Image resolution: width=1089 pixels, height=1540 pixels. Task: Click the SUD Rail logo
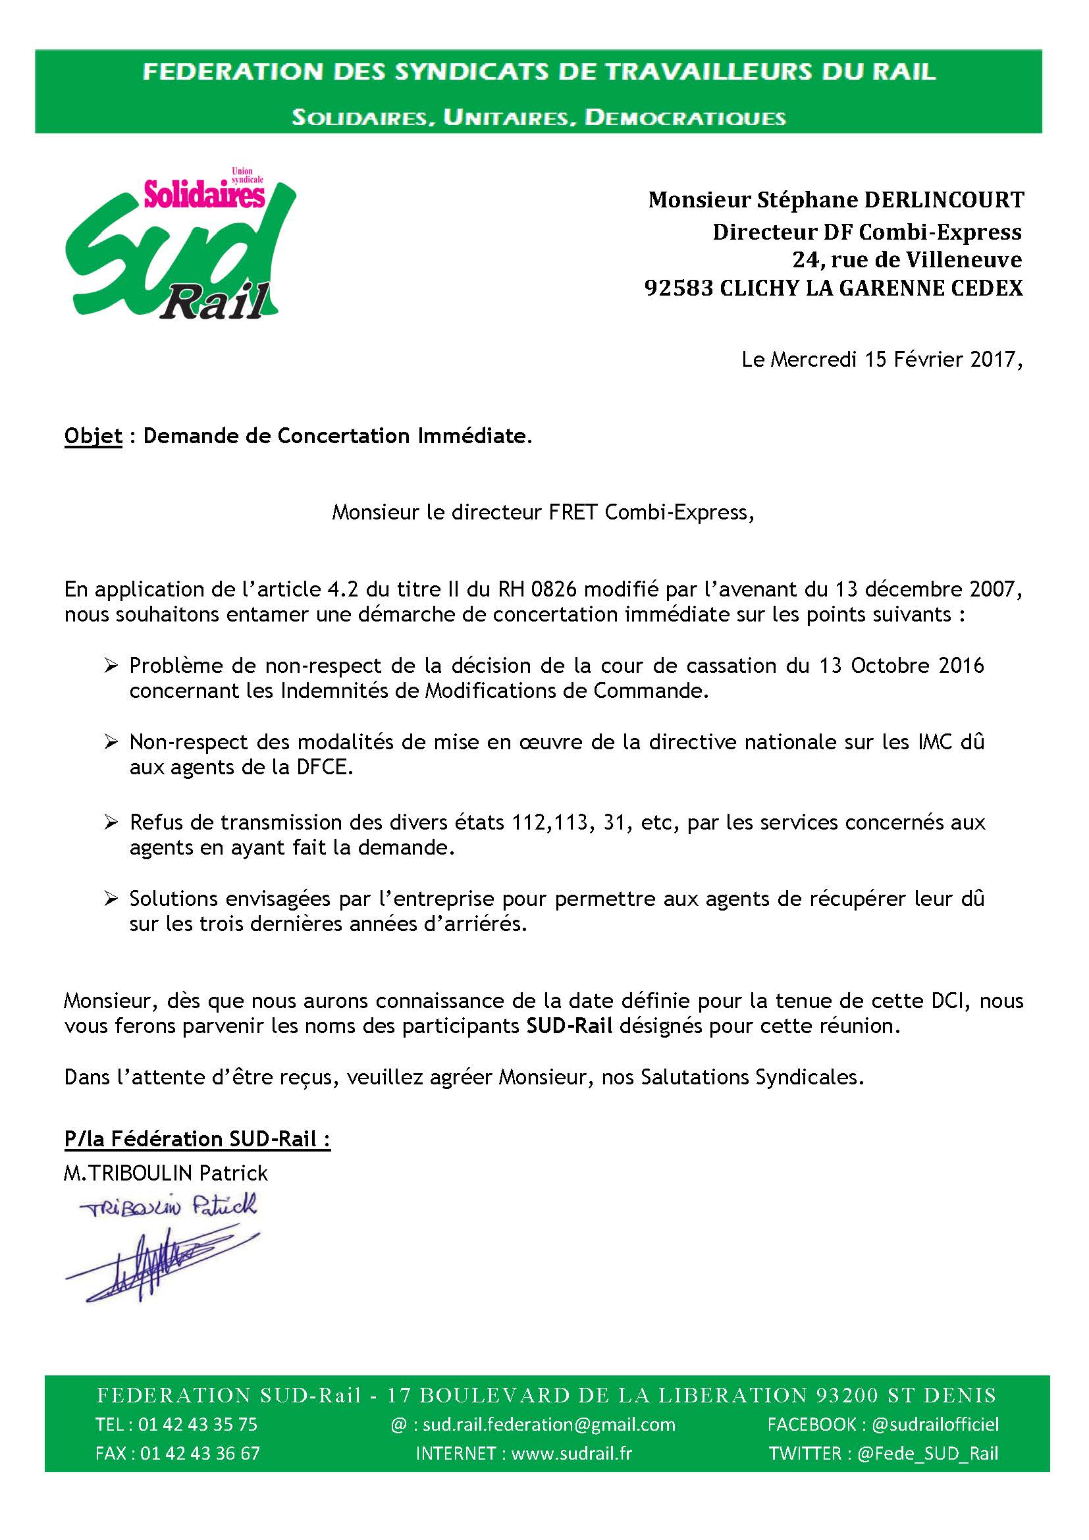click(180, 245)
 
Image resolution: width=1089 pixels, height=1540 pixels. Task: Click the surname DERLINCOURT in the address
click(943, 200)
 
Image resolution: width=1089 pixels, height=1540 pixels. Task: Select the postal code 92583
click(679, 288)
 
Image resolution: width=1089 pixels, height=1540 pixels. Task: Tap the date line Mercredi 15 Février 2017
click(882, 360)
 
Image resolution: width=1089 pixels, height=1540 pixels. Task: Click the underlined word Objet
click(93, 436)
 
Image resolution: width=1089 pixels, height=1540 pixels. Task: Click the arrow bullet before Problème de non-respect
click(111, 666)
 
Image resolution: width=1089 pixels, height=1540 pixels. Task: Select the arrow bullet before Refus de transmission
click(111, 822)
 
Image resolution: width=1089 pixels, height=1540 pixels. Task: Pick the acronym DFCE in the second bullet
click(325, 767)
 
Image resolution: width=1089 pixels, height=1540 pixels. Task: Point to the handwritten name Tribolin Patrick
click(168, 1208)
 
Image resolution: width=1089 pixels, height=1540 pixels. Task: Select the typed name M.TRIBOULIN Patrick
click(166, 1173)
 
